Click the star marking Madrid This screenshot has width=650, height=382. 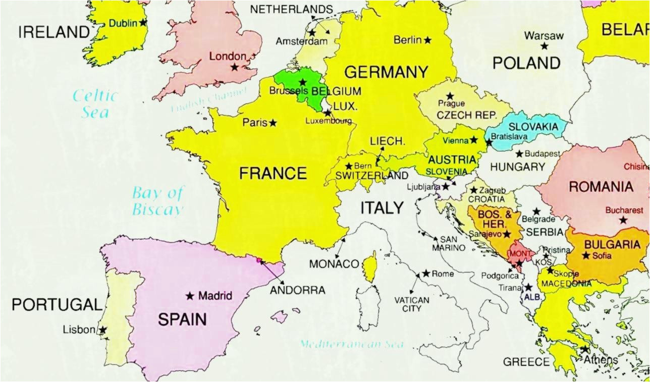(x=190, y=296)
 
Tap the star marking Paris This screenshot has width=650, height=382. (x=273, y=123)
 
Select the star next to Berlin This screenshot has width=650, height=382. (x=428, y=40)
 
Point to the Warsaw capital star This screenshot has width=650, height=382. (x=544, y=46)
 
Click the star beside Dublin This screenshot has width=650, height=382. (x=143, y=23)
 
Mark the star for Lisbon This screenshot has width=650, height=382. (x=102, y=330)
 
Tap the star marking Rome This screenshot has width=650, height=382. (x=426, y=274)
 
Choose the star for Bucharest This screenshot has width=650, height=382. (x=623, y=220)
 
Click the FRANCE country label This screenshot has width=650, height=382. (x=273, y=174)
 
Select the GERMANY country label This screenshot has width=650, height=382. (x=386, y=72)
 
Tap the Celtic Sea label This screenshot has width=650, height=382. (x=94, y=103)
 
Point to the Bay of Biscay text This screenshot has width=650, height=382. (x=157, y=200)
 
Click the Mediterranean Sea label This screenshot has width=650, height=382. (x=352, y=344)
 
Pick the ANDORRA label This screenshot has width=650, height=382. (x=298, y=291)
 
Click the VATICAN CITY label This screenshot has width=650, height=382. (x=412, y=304)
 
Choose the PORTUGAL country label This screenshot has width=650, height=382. (x=57, y=305)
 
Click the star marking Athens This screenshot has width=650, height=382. (x=584, y=349)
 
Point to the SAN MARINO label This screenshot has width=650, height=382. (x=449, y=243)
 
